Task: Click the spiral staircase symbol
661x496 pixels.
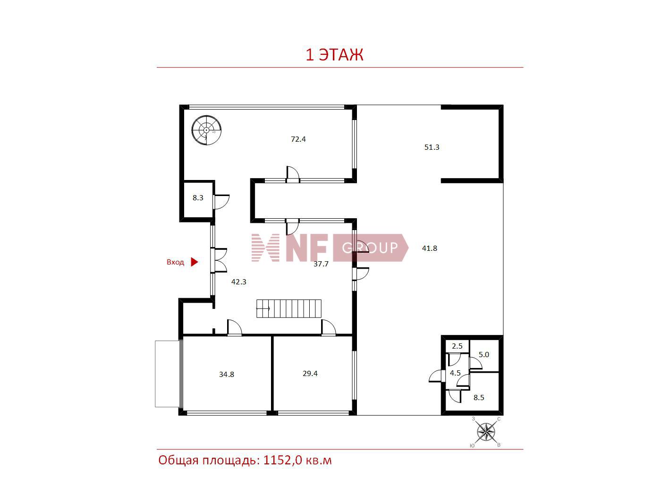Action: pos(206,130)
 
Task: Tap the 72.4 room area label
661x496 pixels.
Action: pos(298,139)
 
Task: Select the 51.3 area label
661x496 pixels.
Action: pos(432,147)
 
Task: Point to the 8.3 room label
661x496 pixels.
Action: pos(198,198)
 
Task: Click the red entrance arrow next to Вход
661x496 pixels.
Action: pos(194,262)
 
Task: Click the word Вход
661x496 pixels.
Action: pos(175,262)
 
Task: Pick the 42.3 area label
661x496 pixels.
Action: pos(238,282)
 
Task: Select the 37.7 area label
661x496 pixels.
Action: pos(321,264)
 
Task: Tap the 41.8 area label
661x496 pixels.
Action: pos(430,248)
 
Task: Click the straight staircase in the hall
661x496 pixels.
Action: pos(289,308)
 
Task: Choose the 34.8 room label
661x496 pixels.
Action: pos(227,374)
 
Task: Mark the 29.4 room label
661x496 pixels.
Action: pos(310,374)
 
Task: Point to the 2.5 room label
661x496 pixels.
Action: pos(457,346)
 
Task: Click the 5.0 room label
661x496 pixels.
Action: pos(483,355)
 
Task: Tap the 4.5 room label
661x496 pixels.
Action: pos(455,373)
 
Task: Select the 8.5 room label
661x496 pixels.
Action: pos(478,398)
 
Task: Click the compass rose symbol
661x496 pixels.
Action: pos(486,432)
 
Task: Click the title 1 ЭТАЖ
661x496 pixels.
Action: pos(334,55)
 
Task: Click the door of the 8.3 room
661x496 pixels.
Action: pos(221,202)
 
